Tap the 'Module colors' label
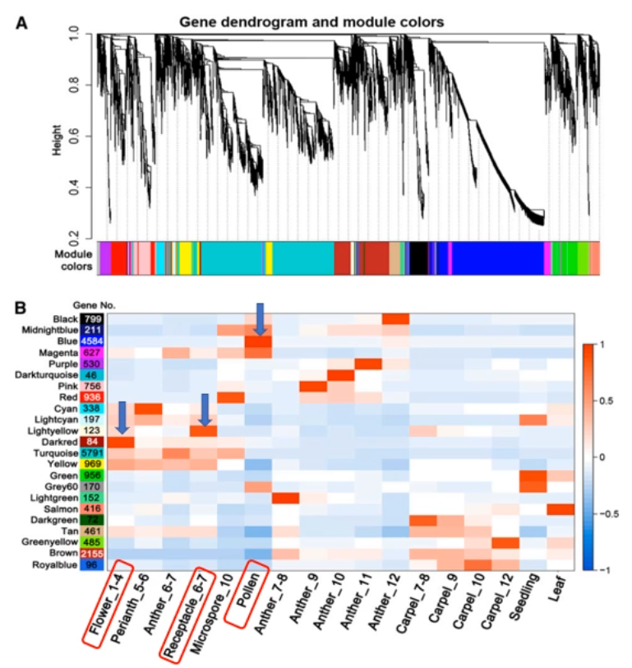pos(72,257)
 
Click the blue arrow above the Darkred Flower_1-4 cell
pos(121,418)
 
